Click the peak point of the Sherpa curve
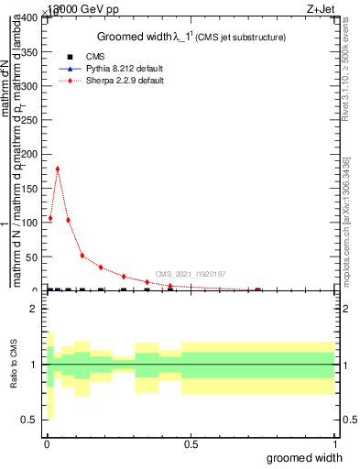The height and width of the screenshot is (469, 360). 58,169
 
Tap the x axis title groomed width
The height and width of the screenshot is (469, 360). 312,457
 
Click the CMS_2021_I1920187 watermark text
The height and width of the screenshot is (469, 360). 190,274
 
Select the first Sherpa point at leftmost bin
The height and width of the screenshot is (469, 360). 50,218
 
